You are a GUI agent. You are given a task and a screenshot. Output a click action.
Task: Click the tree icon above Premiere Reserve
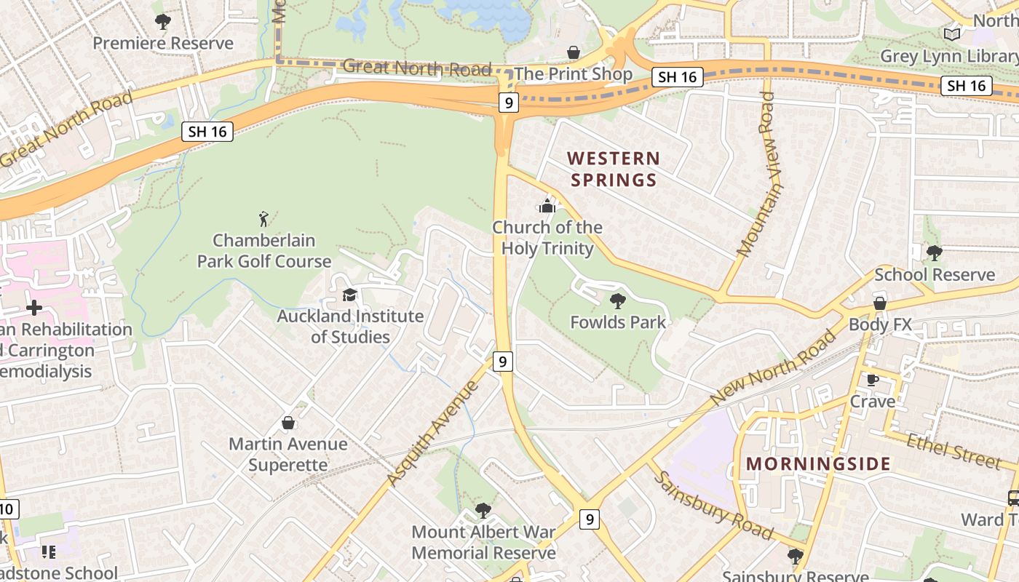pyautogui.click(x=163, y=22)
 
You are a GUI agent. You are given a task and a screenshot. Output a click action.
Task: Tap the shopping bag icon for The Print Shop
pyautogui.click(x=574, y=52)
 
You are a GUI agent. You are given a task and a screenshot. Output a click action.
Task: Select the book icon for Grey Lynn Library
pyautogui.click(x=951, y=34)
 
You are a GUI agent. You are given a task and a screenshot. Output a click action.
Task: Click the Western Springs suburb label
pyautogui.click(x=614, y=169)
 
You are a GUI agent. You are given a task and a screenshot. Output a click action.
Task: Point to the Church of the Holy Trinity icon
pyautogui.click(x=547, y=207)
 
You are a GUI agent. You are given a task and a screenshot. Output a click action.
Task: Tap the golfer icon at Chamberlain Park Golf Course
pyautogui.click(x=263, y=218)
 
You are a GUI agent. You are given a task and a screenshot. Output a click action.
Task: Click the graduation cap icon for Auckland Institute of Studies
pyautogui.click(x=350, y=295)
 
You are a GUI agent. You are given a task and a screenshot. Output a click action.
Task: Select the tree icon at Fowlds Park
pyautogui.click(x=618, y=300)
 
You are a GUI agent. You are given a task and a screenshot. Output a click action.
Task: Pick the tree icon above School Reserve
pyautogui.click(x=935, y=253)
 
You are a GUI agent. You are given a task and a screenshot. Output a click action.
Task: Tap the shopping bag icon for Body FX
pyautogui.click(x=879, y=303)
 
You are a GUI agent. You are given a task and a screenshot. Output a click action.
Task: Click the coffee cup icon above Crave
pyautogui.click(x=873, y=380)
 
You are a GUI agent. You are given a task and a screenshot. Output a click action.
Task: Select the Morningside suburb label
pyautogui.click(x=818, y=463)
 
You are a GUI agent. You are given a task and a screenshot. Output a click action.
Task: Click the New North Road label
pyautogui.click(x=773, y=368)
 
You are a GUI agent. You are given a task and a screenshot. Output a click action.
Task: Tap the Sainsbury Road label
pyautogui.click(x=713, y=506)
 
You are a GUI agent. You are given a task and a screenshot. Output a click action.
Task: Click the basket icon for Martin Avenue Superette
pyautogui.click(x=288, y=423)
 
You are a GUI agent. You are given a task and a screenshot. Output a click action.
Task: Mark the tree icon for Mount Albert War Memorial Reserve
pyautogui.click(x=483, y=511)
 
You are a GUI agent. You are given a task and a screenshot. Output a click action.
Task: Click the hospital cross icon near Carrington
pyautogui.click(x=33, y=308)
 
